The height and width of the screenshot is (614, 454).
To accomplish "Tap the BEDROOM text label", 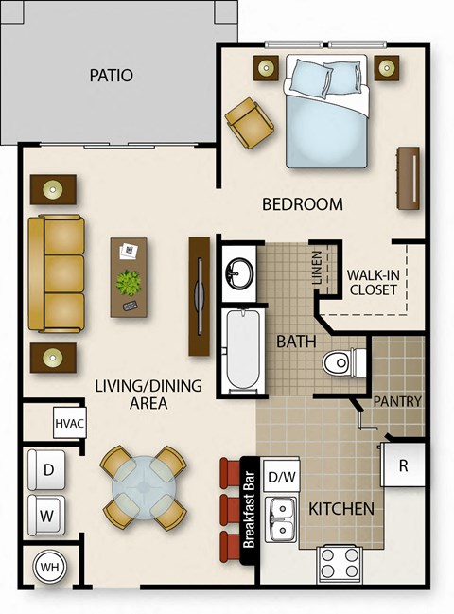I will point(302,204).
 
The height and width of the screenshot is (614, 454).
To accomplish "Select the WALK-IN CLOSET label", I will point(372,282).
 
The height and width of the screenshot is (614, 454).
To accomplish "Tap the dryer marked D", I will point(45,469).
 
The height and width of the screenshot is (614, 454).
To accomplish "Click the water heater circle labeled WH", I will point(48,569).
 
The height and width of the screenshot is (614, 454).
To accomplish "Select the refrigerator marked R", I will point(403,465).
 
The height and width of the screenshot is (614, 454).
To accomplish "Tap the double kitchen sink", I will point(280,518).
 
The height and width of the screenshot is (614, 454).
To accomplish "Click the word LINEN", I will point(316,269).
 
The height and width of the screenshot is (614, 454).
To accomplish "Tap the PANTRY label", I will point(397,401).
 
